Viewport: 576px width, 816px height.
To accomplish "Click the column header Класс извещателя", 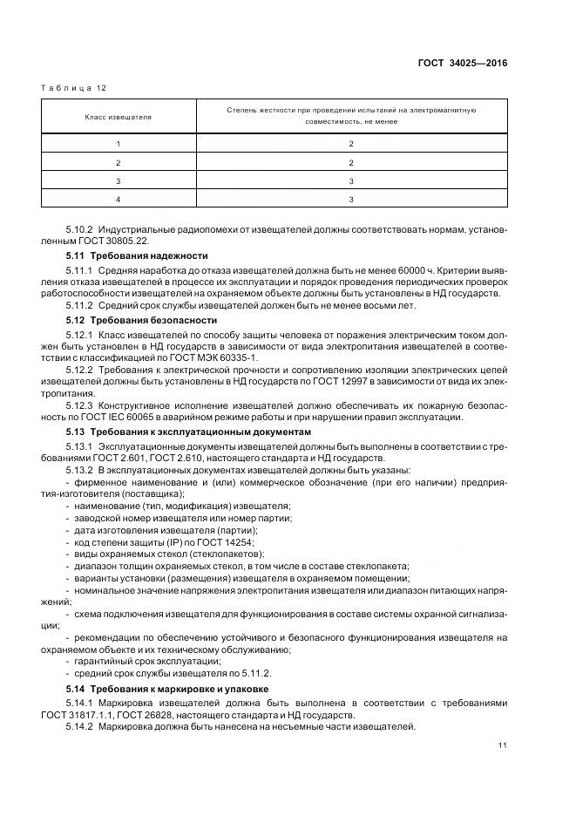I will [118, 116].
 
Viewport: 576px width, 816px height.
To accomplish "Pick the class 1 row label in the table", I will [118, 143].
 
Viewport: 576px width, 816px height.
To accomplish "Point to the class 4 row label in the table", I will [118, 200].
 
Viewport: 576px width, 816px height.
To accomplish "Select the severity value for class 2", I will [350, 162].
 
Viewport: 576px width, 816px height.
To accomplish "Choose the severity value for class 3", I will [350, 181].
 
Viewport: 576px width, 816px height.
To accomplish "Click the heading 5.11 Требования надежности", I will [137, 255].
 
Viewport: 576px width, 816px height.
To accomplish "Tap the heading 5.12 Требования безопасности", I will [141, 320].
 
